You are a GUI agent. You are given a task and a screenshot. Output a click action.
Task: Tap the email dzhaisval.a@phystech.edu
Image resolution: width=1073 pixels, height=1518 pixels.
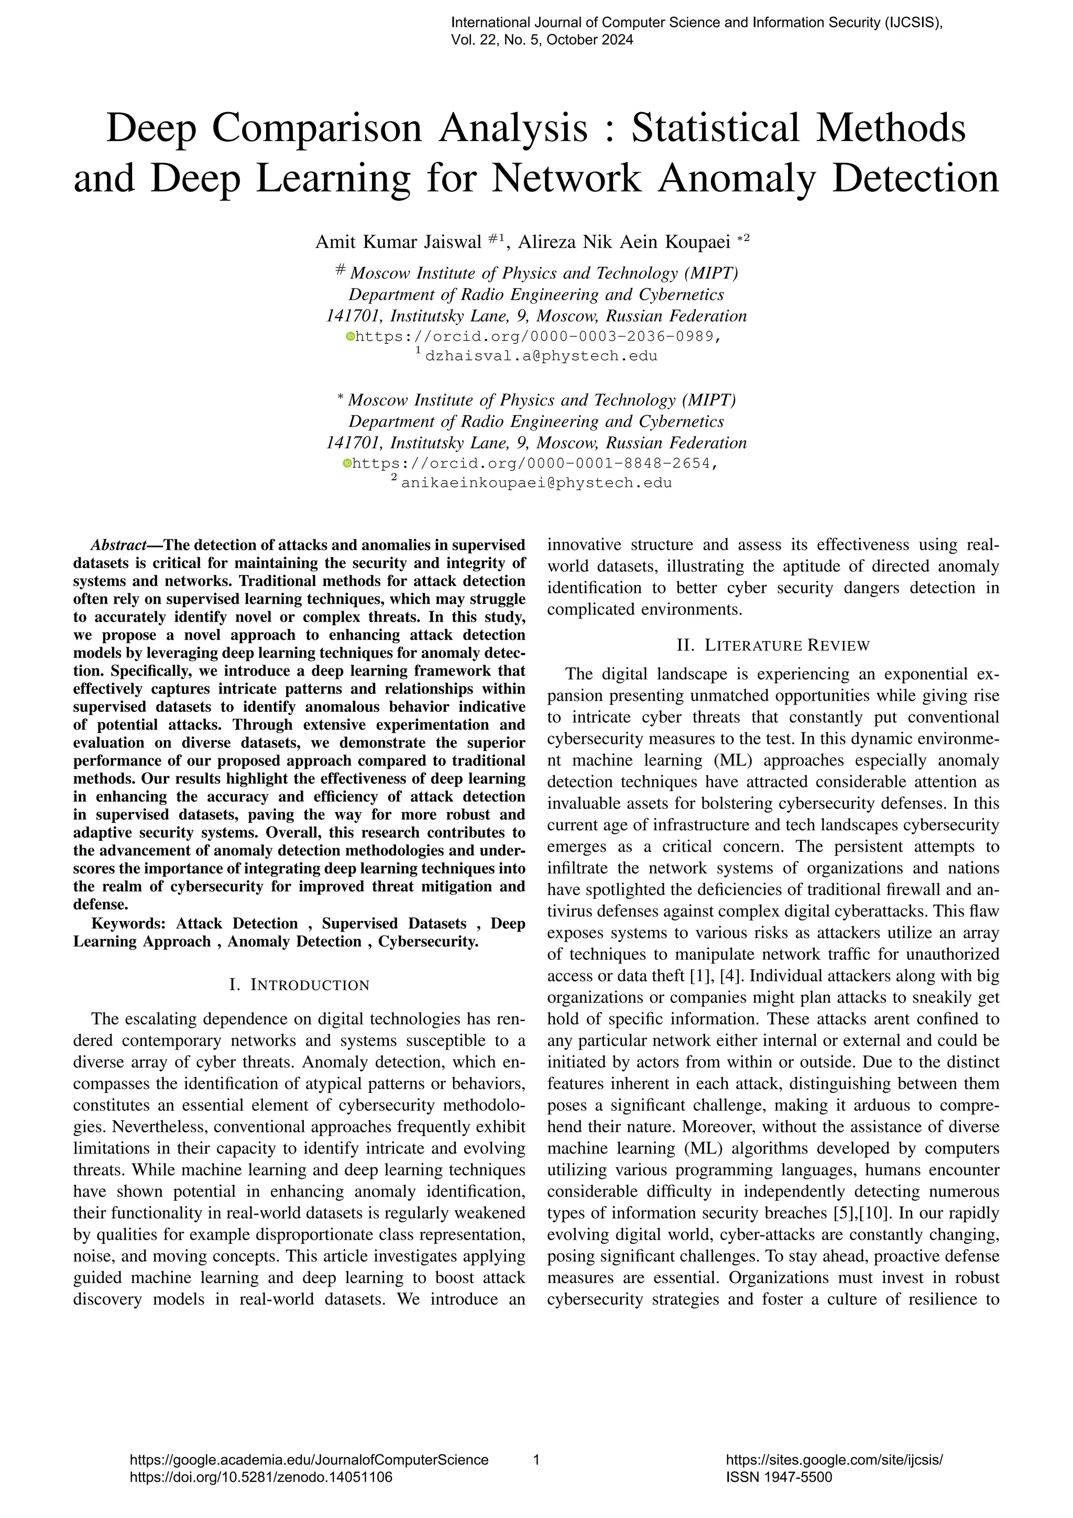(x=541, y=356)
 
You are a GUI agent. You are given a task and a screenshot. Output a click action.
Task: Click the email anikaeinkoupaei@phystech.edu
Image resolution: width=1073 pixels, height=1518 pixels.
(x=536, y=483)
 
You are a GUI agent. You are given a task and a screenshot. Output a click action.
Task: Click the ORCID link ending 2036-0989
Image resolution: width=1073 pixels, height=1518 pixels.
(x=537, y=337)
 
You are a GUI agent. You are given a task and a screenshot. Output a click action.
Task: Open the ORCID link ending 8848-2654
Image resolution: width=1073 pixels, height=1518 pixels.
(x=534, y=463)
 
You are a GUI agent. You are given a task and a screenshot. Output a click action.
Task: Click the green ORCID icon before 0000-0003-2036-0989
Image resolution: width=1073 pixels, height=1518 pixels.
(x=351, y=337)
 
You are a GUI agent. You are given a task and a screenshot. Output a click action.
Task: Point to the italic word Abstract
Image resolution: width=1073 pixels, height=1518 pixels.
(x=118, y=546)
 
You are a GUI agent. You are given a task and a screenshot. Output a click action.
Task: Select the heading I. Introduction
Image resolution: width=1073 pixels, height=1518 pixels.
(x=299, y=985)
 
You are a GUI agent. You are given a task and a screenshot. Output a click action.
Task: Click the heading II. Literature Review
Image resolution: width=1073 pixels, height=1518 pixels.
(x=773, y=645)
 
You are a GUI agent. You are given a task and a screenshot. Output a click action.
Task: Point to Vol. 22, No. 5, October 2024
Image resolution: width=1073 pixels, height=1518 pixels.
(x=542, y=40)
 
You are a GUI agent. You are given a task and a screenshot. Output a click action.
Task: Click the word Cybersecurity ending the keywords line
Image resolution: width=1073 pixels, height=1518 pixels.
(x=428, y=941)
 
